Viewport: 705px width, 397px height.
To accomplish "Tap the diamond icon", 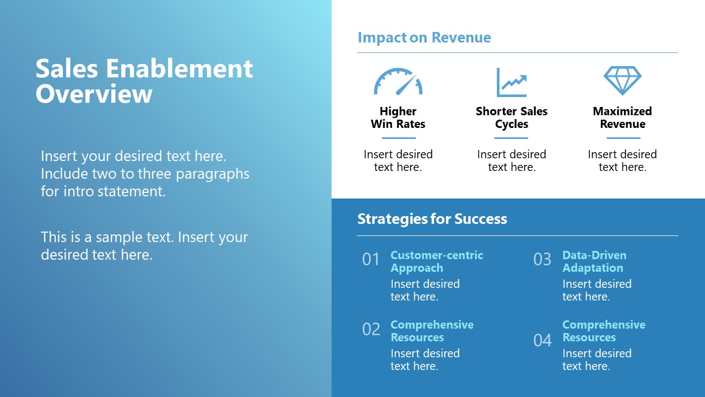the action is [x=622, y=81].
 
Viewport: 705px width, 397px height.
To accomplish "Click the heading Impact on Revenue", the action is [x=424, y=37].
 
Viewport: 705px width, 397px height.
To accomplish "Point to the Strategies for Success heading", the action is [x=432, y=219].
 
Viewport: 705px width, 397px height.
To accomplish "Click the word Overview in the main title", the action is [x=94, y=94].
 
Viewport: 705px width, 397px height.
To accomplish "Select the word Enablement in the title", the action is [x=179, y=68].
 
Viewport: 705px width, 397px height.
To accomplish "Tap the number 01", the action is [x=371, y=259].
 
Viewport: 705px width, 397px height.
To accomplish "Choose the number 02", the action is [x=371, y=329].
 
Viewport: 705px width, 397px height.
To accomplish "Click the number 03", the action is [x=543, y=259].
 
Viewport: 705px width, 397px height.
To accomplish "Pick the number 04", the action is [x=543, y=340].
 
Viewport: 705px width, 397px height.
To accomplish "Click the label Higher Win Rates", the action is [x=398, y=117].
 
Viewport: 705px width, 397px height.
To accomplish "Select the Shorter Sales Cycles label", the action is [x=512, y=117].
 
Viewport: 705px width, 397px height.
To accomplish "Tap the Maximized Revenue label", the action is [x=622, y=117].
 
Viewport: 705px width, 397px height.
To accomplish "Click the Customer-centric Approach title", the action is [x=437, y=261].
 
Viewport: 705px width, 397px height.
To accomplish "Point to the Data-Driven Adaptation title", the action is [x=594, y=261].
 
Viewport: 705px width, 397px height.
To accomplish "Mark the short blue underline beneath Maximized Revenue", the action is [x=623, y=138].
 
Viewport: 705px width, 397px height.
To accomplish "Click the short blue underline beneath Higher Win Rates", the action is [x=399, y=138].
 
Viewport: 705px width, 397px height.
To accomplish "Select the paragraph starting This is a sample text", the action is [x=144, y=246].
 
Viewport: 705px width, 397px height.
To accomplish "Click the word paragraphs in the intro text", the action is [x=213, y=174].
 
